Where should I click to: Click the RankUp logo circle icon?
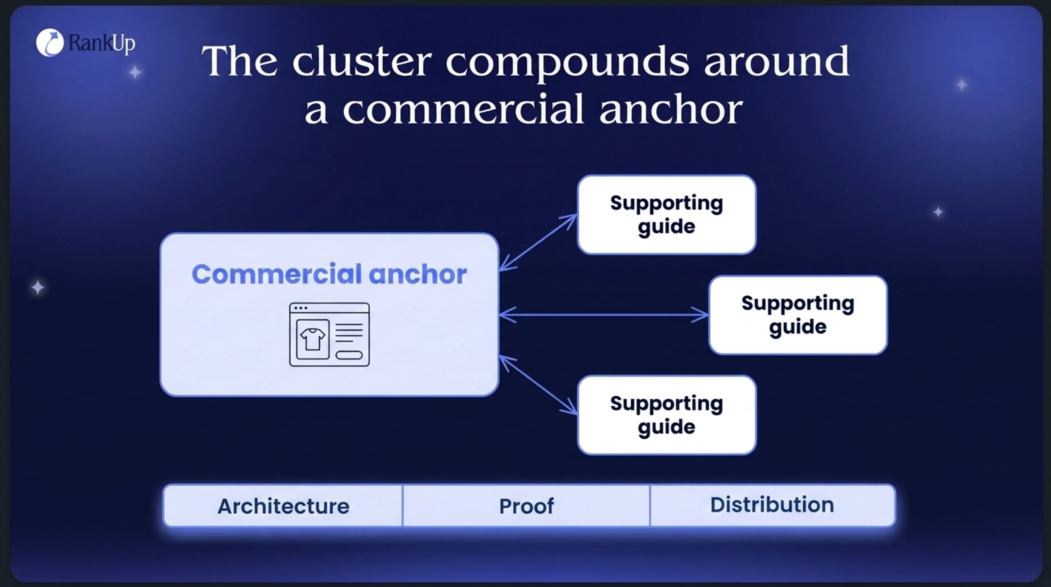(50, 42)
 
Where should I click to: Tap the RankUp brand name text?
(102, 43)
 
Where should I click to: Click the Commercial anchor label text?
(329, 274)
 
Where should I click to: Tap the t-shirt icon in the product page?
(312, 339)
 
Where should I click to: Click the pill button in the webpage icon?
(349, 355)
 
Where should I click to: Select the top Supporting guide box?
(667, 215)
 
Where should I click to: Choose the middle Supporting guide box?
(798, 315)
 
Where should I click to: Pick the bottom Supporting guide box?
(667, 415)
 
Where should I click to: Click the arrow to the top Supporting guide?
(538, 242)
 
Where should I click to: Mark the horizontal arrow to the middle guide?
(604, 315)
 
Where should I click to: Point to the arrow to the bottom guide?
(538, 385)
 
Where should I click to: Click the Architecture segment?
(283, 506)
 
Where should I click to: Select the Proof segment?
(526, 506)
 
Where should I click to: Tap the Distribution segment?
(772, 506)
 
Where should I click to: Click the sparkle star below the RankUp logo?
(135, 72)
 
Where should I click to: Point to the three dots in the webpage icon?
(301, 308)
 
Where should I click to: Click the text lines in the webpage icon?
(349, 333)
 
